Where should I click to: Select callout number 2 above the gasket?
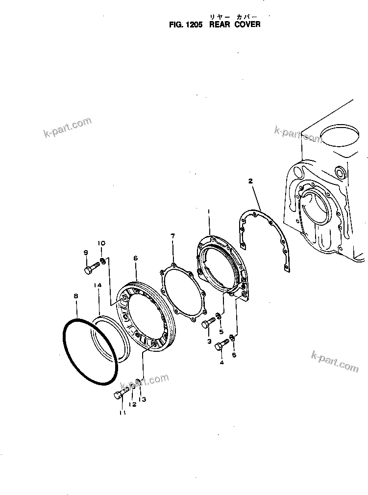[250, 182]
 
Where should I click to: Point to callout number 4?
[222, 363]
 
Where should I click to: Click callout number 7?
[172, 236]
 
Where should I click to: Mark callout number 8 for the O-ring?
[75, 296]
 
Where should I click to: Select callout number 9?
[85, 253]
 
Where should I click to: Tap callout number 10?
[101, 243]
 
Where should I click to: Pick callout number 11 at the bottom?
[122, 413]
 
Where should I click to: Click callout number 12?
[132, 404]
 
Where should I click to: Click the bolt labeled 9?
[91, 269]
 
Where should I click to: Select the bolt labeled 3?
[208, 323]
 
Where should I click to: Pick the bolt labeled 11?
[121, 394]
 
